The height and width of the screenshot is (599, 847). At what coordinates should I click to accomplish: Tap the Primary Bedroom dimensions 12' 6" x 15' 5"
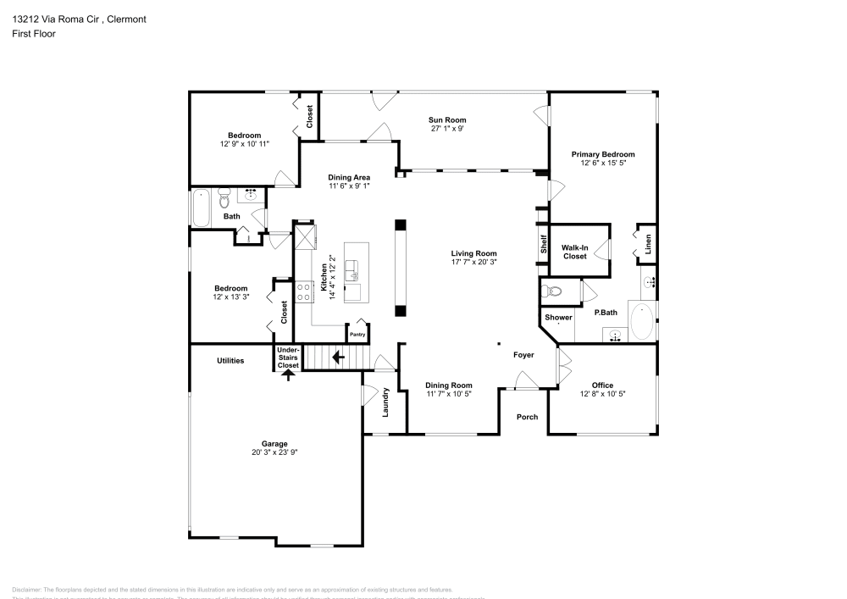tap(602, 163)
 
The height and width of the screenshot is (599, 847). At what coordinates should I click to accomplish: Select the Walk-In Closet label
tap(574, 252)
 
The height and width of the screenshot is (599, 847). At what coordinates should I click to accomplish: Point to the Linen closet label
tap(649, 243)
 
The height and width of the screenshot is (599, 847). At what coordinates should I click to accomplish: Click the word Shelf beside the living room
tap(544, 244)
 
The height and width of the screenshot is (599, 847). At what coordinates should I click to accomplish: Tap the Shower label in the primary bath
tap(558, 318)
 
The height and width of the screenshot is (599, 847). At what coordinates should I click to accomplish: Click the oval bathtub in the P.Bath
tap(641, 322)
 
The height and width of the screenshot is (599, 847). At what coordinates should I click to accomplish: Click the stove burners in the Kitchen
tap(303, 291)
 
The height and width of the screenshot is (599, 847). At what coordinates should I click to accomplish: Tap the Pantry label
tap(357, 335)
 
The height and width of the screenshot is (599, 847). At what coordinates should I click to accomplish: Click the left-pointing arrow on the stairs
tap(338, 358)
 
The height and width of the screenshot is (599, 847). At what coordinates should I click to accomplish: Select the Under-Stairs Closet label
tap(288, 357)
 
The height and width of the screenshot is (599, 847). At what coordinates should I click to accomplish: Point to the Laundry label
tap(385, 402)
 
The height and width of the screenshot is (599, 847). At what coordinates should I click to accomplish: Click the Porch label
tap(528, 416)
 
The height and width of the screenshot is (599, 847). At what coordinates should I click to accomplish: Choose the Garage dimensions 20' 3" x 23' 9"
tap(274, 452)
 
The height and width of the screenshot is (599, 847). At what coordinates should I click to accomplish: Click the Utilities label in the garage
tap(230, 361)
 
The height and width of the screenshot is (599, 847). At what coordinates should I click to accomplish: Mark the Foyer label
tap(523, 355)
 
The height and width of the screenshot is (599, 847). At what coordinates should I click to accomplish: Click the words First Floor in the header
tap(33, 34)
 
